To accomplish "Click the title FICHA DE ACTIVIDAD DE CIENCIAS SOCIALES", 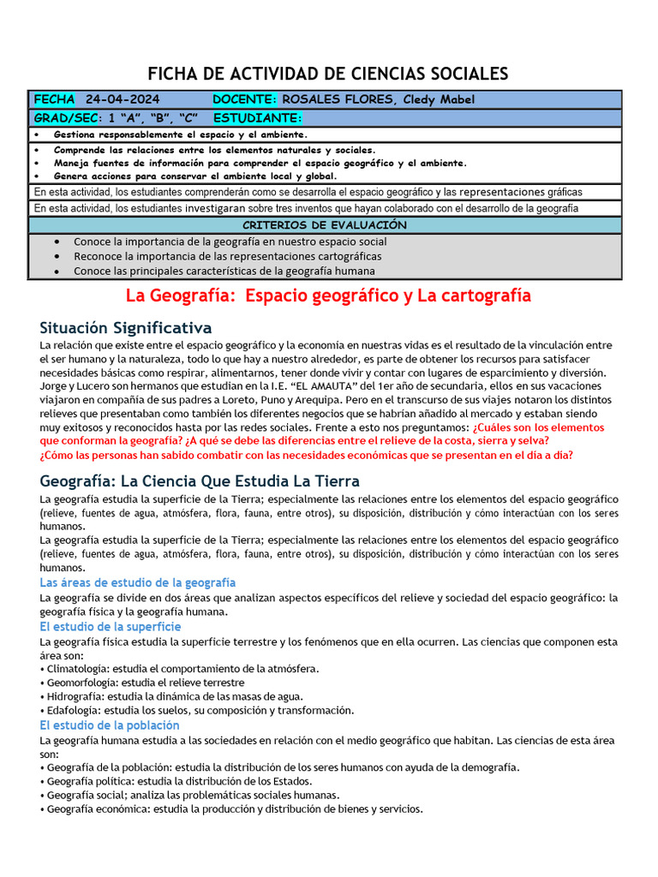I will (x=328, y=74).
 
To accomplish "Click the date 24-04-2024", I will (x=123, y=99).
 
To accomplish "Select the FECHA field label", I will (x=54, y=99).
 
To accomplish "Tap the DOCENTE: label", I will (x=244, y=99).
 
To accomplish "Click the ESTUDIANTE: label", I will (x=257, y=117).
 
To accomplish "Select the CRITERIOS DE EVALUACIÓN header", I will (x=328, y=224).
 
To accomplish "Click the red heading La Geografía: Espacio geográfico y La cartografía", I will (x=328, y=295).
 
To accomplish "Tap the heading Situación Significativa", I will (x=126, y=328).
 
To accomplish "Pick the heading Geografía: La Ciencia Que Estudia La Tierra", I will (x=200, y=480).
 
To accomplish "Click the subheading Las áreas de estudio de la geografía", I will (x=138, y=582).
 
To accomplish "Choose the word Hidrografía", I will (x=75, y=696).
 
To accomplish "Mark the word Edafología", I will (x=73, y=710).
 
